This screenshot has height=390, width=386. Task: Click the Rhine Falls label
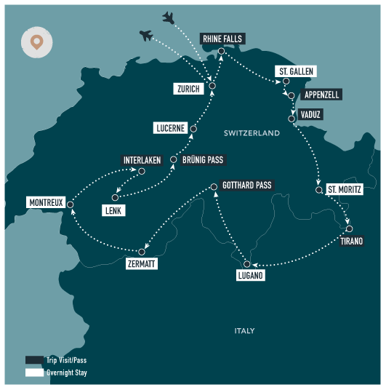(x=222, y=39)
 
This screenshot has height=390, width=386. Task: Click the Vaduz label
(x=310, y=115)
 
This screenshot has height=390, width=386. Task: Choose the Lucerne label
(x=171, y=128)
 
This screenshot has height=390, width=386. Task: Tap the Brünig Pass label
(x=204, y=159)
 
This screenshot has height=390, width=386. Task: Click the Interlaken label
(x=141, y=160)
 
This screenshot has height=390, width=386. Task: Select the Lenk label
(x=114, y=210)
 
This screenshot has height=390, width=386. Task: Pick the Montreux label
(x=47, y=202)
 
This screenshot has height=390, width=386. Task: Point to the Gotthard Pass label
(x=246, y=186)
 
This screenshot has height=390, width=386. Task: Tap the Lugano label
(x=250, y=276)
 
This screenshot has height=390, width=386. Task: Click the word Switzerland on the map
(x=252, y=134)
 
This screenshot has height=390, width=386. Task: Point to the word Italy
(x=244, y=331)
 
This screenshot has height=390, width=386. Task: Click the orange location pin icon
(x=36, y=42)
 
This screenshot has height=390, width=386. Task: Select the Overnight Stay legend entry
(x=55, y=373)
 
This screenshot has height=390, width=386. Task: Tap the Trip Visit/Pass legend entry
(x=55, y=359)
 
